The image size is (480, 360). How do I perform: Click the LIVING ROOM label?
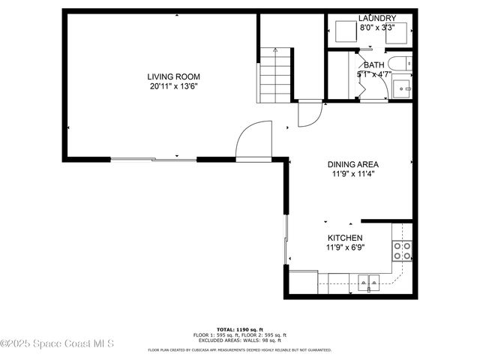(x=173, y=76)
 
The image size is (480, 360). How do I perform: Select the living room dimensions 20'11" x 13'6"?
(x=173, y=86)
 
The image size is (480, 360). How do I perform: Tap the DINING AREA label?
(x=352, y=164)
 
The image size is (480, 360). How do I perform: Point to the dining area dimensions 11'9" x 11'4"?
(x=352, y=174)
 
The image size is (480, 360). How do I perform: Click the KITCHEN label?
(x=344, y=238)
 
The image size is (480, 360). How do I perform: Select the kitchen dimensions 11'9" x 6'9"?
(x=344, y=247)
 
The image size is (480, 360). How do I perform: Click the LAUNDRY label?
(x=376, y=18)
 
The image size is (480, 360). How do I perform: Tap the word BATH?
(x=373, y=65)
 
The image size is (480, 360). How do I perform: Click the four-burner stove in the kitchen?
(x=403, y=250)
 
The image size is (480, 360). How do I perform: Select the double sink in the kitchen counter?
(x=367, y=283)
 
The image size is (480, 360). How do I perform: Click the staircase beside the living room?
(x=274, y=75)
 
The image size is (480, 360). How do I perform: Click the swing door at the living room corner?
(x=253, y=141)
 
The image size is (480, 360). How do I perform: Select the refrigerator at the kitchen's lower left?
(x=303, y=282)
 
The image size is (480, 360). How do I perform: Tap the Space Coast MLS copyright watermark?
(x=57, y=344)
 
